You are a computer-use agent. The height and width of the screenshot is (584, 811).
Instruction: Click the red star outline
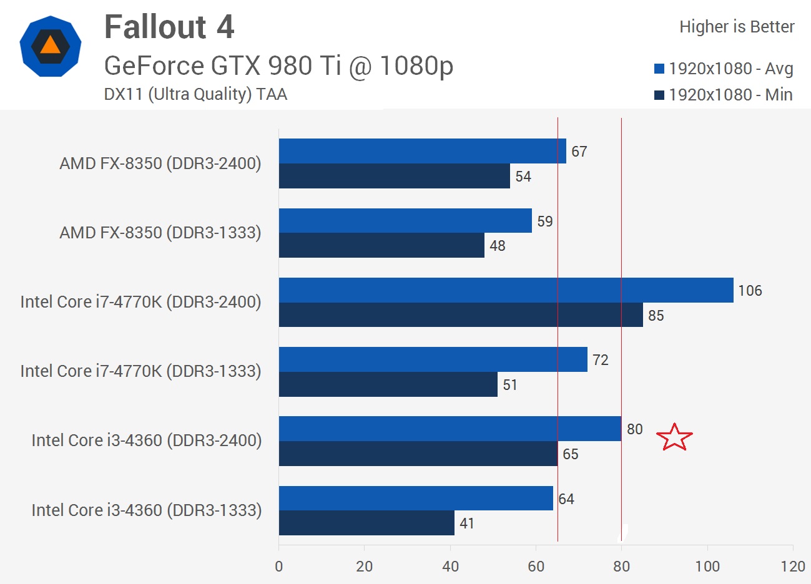(675, 437)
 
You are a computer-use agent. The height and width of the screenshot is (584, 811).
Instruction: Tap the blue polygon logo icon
(51, 47)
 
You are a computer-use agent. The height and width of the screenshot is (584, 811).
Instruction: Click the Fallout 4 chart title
(169, 27)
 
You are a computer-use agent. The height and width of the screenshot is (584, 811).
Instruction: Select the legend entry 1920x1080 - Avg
(724, 69)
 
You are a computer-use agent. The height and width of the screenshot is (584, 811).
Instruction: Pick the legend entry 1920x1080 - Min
(724, 95)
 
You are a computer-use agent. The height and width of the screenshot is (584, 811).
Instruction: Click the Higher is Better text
(737, 27)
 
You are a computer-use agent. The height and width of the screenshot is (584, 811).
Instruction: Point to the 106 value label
(750, 291)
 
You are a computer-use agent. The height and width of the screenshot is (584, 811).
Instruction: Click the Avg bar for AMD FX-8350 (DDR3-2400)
(422, 151)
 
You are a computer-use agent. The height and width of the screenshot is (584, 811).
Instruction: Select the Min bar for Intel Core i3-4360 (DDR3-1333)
(366, 523)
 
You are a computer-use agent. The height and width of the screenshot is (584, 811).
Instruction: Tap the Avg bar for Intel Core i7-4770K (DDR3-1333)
(433, 359)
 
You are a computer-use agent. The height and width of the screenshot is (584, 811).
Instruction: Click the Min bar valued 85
(461, 315)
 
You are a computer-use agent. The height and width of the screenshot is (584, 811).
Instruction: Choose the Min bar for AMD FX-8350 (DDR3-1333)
(381, 245)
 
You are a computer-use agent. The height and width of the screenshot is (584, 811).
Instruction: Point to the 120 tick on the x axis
(793, 567)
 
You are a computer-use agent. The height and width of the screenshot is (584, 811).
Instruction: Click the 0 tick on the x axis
(279, 567)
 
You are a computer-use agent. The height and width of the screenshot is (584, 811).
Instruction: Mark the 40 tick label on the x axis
(450, 567)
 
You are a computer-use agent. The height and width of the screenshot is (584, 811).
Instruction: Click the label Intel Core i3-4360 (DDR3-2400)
(147, 440)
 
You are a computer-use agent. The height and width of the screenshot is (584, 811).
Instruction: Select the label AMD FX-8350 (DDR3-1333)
(160, 233)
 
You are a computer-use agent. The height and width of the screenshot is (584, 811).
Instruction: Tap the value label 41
(467, 523)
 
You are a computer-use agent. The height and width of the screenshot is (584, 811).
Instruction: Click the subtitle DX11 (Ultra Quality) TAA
(195, 94)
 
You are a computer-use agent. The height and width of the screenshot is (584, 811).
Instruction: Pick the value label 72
(600, 360)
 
